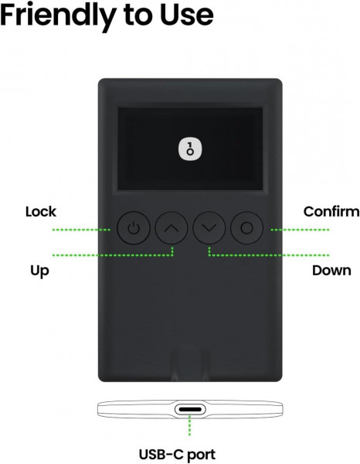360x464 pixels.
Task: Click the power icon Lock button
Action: pyautogui.click(x=134, y=228)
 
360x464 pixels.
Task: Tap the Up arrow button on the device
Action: pyautogui.click(x=172, y=228)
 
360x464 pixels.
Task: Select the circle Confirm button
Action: pyautogui.click(x=246, y=228)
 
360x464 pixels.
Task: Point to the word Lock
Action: pyautogui.click(x=41, y=212)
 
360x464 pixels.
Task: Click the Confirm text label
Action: pyautogui.click(x=331, y=212)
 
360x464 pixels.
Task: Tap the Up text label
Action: pyautogui.click(x=39, y=271)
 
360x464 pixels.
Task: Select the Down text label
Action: pyautogui.click(x=331, y=271)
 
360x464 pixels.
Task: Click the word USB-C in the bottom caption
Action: pyautogui.click(x=161, y=454)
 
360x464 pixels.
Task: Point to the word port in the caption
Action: pyautogui.click(x=202, y=455)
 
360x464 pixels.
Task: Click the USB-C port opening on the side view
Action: pyautogui.click(x=190, y=410)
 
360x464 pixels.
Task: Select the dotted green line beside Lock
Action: pyautogui.click(x=82, y=230)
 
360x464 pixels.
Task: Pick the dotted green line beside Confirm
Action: pyautogui.click(x=300, y=230)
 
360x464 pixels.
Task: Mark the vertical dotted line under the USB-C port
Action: pyautogui.click(x=190, y=425)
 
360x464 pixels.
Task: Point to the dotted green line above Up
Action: pyautogui.click(x=113, y=254)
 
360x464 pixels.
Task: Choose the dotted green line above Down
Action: pyautogui.click(x=269, y=254)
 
